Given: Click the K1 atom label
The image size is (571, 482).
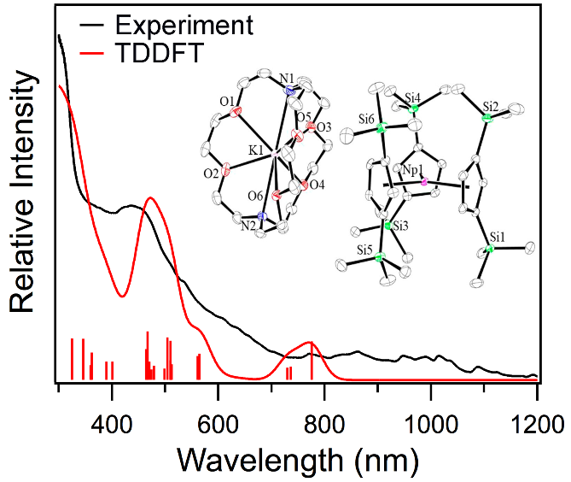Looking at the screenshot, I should (x=257, y=150).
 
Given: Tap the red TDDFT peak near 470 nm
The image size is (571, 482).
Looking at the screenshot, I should (x=150, y=198).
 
